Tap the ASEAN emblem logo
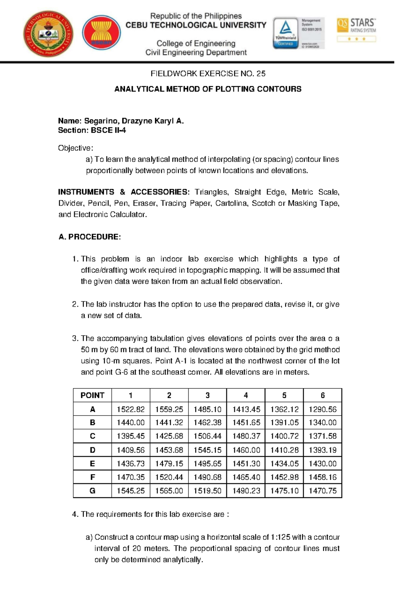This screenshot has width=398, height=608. pyautogui.click(x=101, y=32)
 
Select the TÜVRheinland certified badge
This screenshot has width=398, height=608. pyautogui.click(x=286, y=33)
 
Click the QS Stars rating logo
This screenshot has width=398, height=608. pyautogui.click(x=356, y=29)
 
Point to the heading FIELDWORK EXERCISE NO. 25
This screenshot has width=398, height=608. pyautogui.click(x=208, y=74)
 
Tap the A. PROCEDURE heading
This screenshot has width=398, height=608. pyautogui.click(x=90, y=237)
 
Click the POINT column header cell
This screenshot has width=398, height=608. pyautogui.click(x=92, y=395)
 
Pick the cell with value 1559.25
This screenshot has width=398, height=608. pyautogui.click(x=169, y=409)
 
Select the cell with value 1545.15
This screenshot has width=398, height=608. pyautogui.click(x=207, y=450)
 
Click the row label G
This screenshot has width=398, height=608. pyautogui.click(x=92, y=491)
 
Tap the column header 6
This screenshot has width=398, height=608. pyautogui.click(x=322, y=395)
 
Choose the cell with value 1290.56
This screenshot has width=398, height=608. pyautogui.click(x=322, y=409)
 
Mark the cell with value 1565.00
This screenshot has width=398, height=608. pyautogui.click(x=169, y=491)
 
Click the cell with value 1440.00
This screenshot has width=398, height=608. pyautogui.click(x=131, y=422)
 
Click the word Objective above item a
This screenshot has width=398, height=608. pyautogui.click(x=75, y=148)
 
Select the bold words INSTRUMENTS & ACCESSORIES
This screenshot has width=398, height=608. pyautogui.click(x=123, y=192)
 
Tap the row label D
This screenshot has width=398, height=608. pyautogui.click(x=92, y=450)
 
